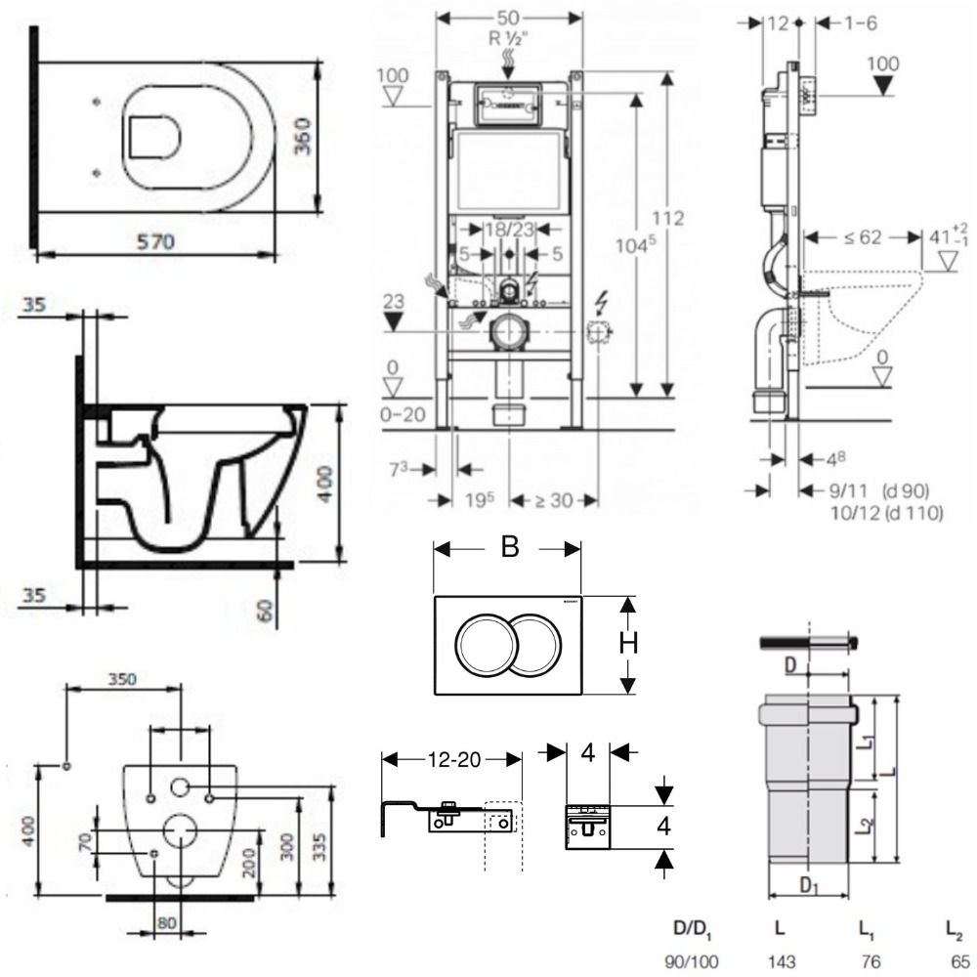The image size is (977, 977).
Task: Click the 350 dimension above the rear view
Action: click(121, 678)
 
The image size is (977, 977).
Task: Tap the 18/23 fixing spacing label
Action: click(505, 230)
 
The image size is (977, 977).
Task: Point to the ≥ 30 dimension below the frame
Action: click(554, 500)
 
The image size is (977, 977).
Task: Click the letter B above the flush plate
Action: click(508, 548)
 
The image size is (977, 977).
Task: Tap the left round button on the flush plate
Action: click(483, 644)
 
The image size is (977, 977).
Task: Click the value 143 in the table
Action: click(780, 961)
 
